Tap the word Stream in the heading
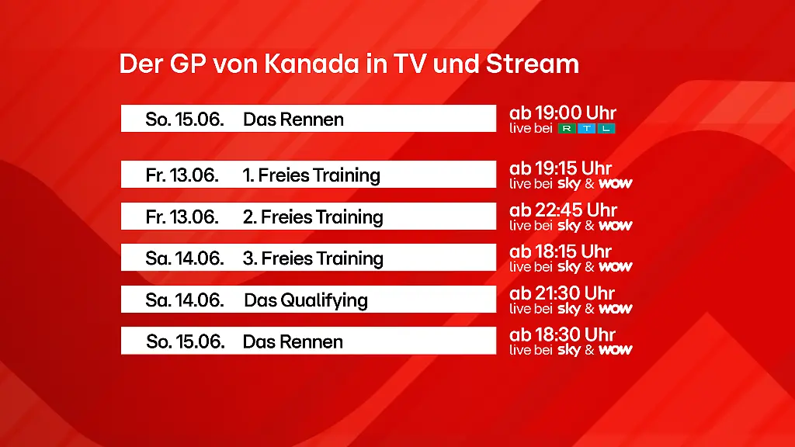533,64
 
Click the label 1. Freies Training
311,175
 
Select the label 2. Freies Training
313,217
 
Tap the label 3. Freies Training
313,258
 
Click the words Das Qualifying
306,300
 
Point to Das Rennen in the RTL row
293,120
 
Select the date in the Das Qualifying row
185,300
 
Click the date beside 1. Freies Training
182,175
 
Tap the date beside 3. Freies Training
185,258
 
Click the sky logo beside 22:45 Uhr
569,226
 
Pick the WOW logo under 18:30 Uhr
615,350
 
